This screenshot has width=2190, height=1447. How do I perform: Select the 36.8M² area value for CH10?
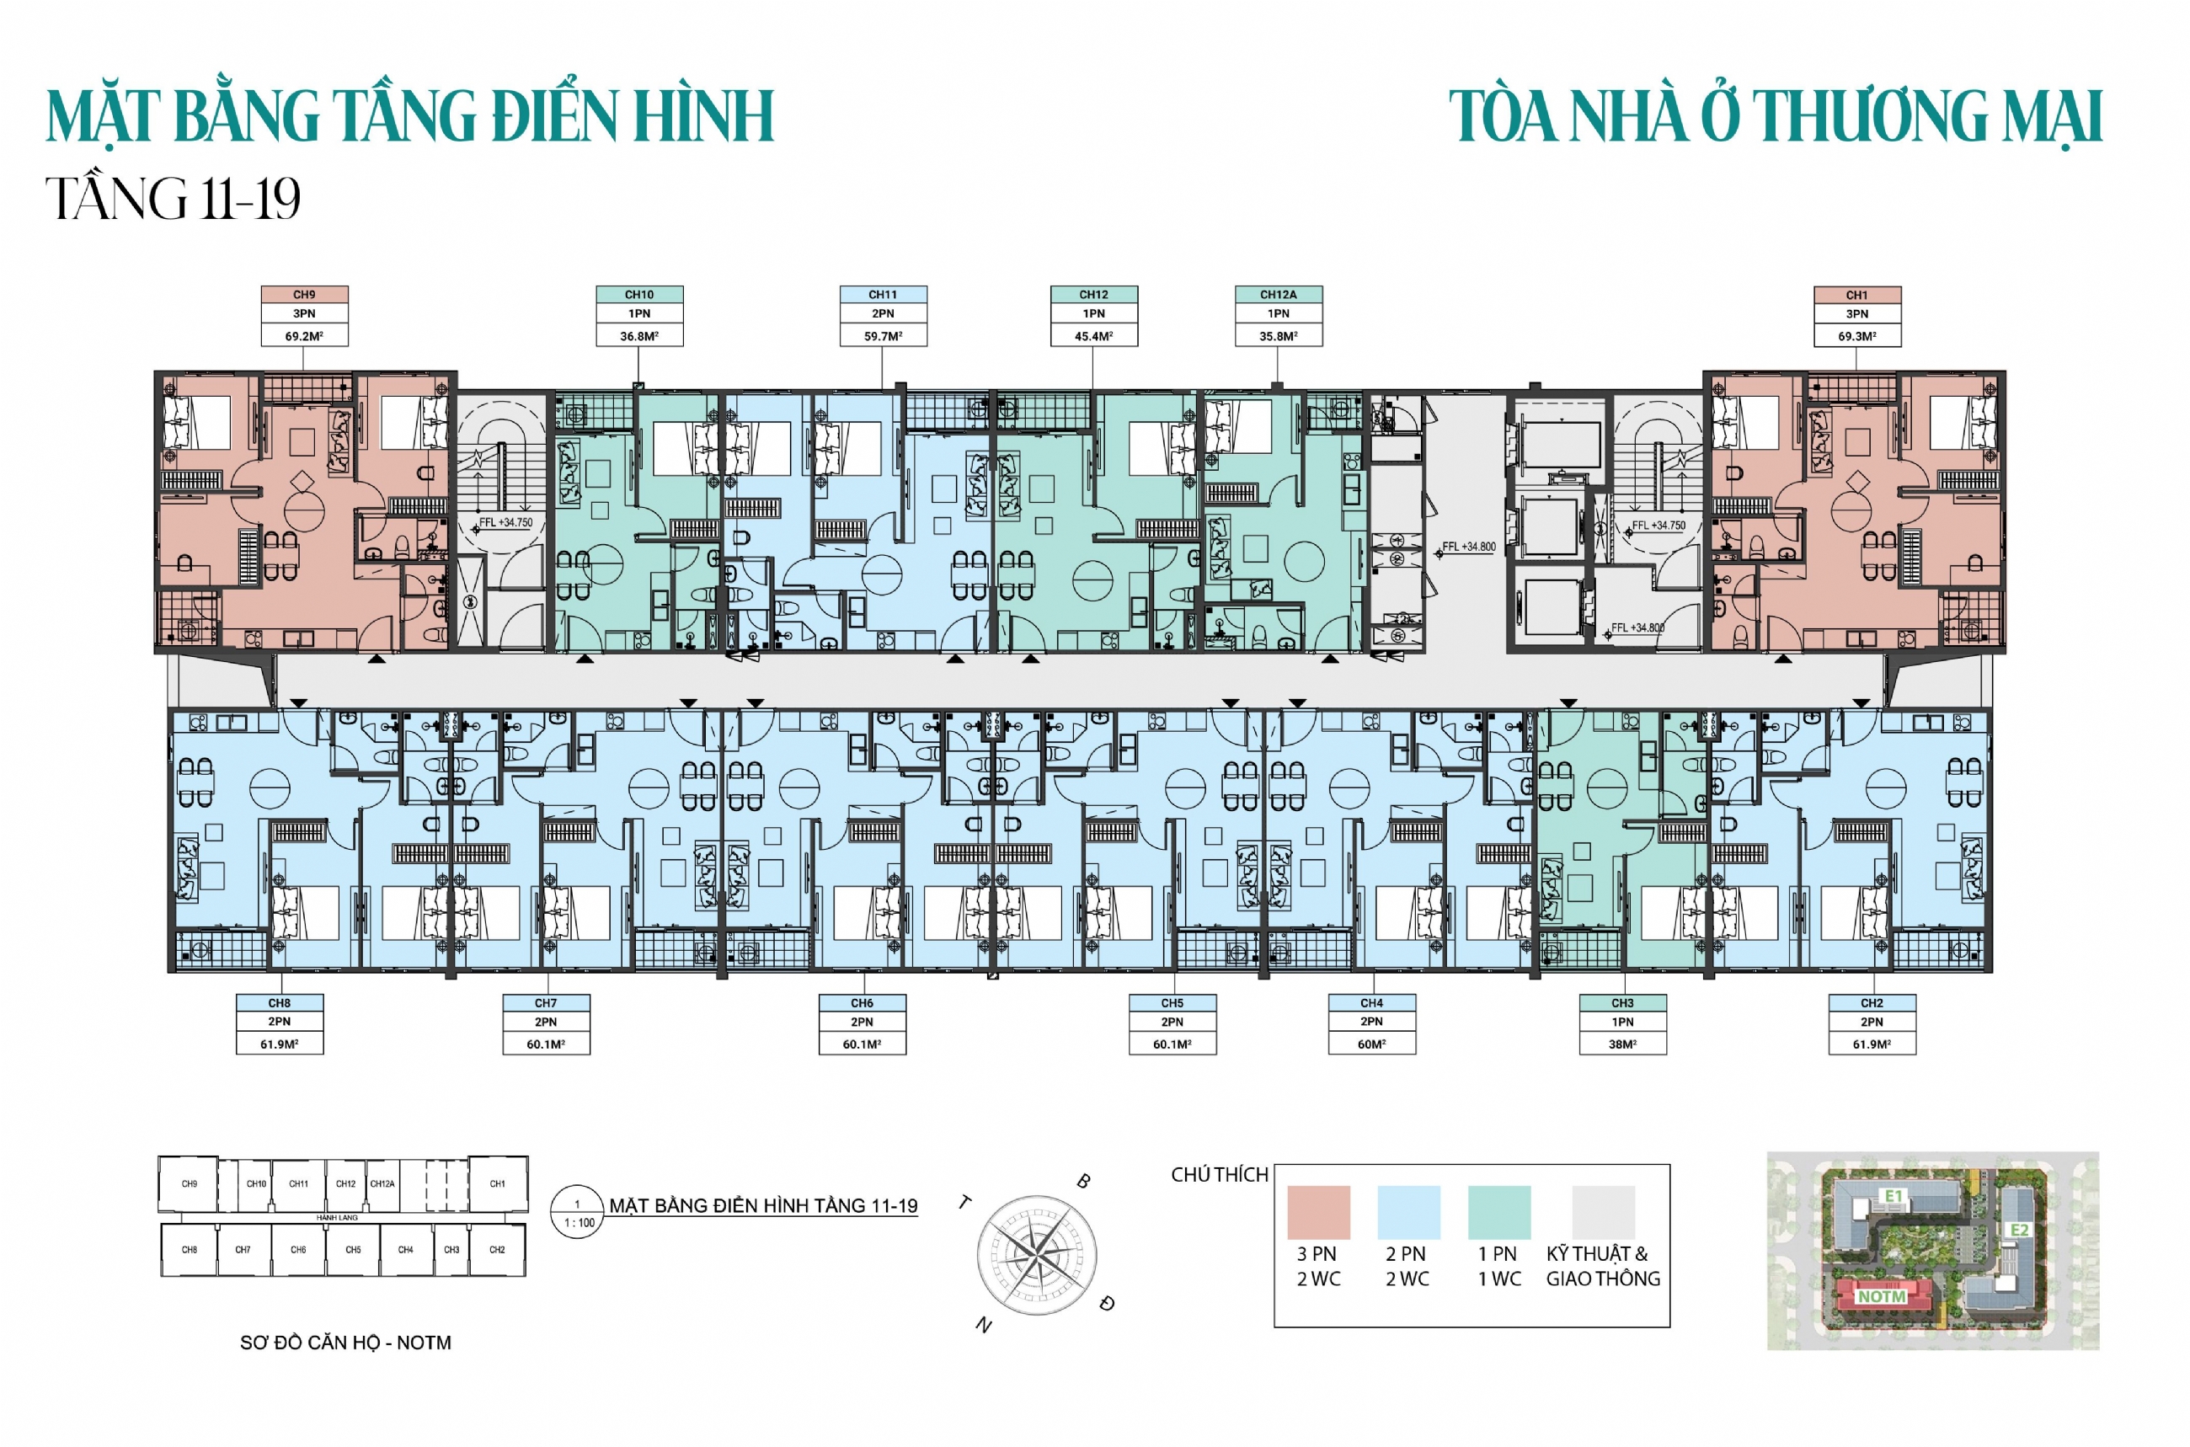point(638,336)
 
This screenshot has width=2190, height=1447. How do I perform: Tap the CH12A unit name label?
point(1278,295)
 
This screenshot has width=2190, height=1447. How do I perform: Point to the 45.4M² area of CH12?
point(1092,336)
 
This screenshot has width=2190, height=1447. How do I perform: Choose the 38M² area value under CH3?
point(1621,1044)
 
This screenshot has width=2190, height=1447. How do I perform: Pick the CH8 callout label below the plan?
point(279,1002)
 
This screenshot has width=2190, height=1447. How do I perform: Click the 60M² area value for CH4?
point(1370,1044)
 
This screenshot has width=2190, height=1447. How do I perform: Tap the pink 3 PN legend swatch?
point(1318,1212)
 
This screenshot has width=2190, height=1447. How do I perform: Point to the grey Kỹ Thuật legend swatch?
point(1603,1212)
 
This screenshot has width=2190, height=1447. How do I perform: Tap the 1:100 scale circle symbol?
point(577,1213)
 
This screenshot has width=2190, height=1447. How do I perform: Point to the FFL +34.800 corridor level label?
point(1468,547)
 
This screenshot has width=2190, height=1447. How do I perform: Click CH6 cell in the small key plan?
point(298,1250)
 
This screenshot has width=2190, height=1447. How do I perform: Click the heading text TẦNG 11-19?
point(173,199)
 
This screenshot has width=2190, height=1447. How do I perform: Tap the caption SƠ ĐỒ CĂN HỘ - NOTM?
point(345,1343)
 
